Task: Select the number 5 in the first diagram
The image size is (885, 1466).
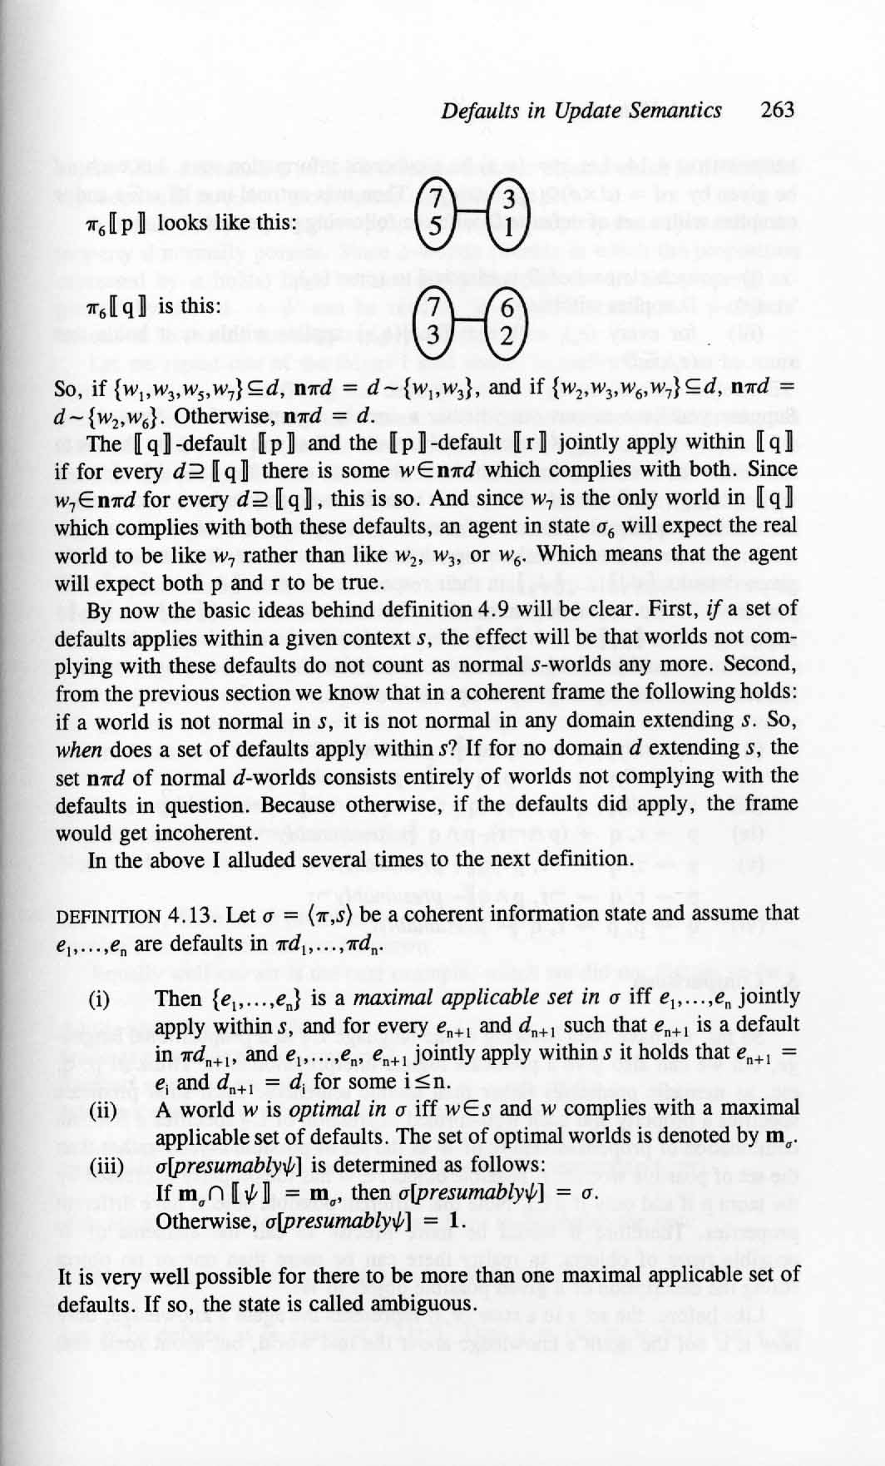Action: click(433, 227)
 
